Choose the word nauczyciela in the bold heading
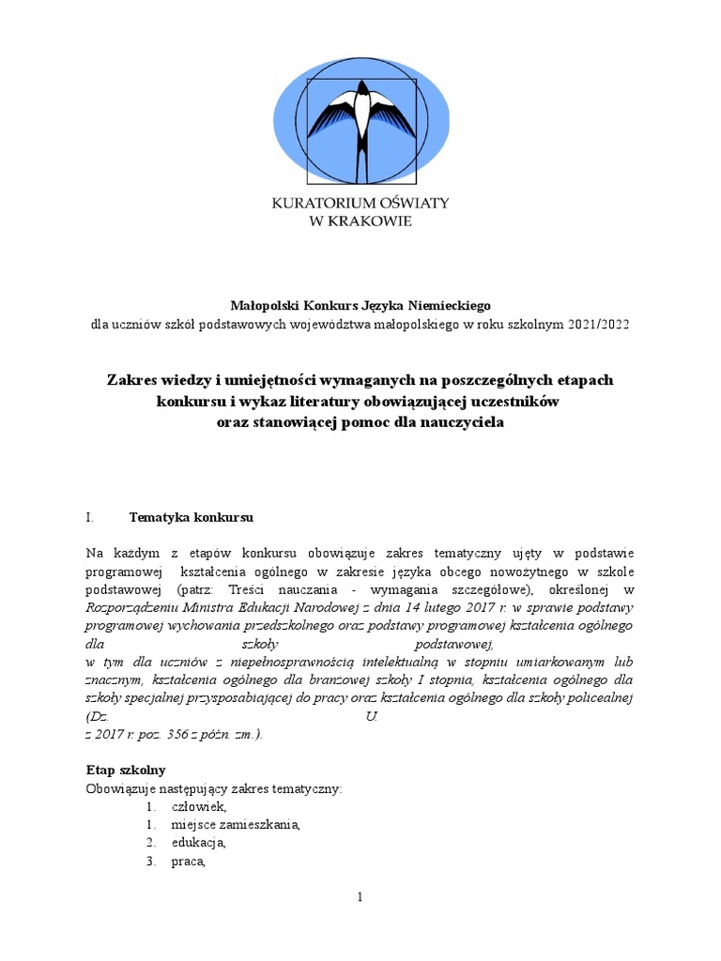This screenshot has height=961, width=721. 457,422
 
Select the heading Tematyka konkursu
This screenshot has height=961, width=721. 192,517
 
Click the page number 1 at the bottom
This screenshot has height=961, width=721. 360,897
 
